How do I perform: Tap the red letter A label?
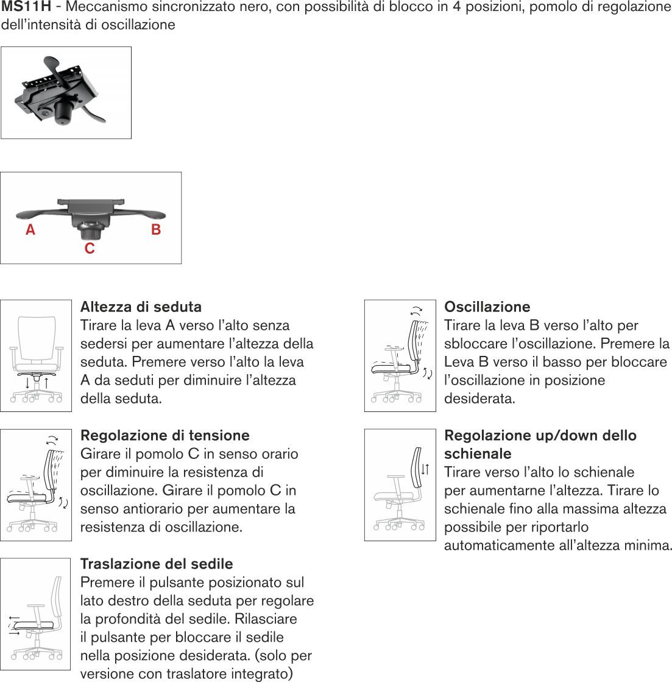(30, 230)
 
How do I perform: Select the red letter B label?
(156, 230)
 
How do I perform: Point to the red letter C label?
(90, 249)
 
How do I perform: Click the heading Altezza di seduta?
(141, 307)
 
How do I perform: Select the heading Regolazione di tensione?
(164, 435)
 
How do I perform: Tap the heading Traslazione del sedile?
(157, 564)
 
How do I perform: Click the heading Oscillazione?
(487, 307)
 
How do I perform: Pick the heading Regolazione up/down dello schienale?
(540, 444)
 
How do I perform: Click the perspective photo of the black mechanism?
(66, 93)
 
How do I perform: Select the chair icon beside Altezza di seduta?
(36, 355)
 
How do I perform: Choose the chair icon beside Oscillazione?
(400, 355)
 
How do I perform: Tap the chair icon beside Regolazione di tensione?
(36, 485)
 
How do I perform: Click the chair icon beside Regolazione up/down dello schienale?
(400, 485)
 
